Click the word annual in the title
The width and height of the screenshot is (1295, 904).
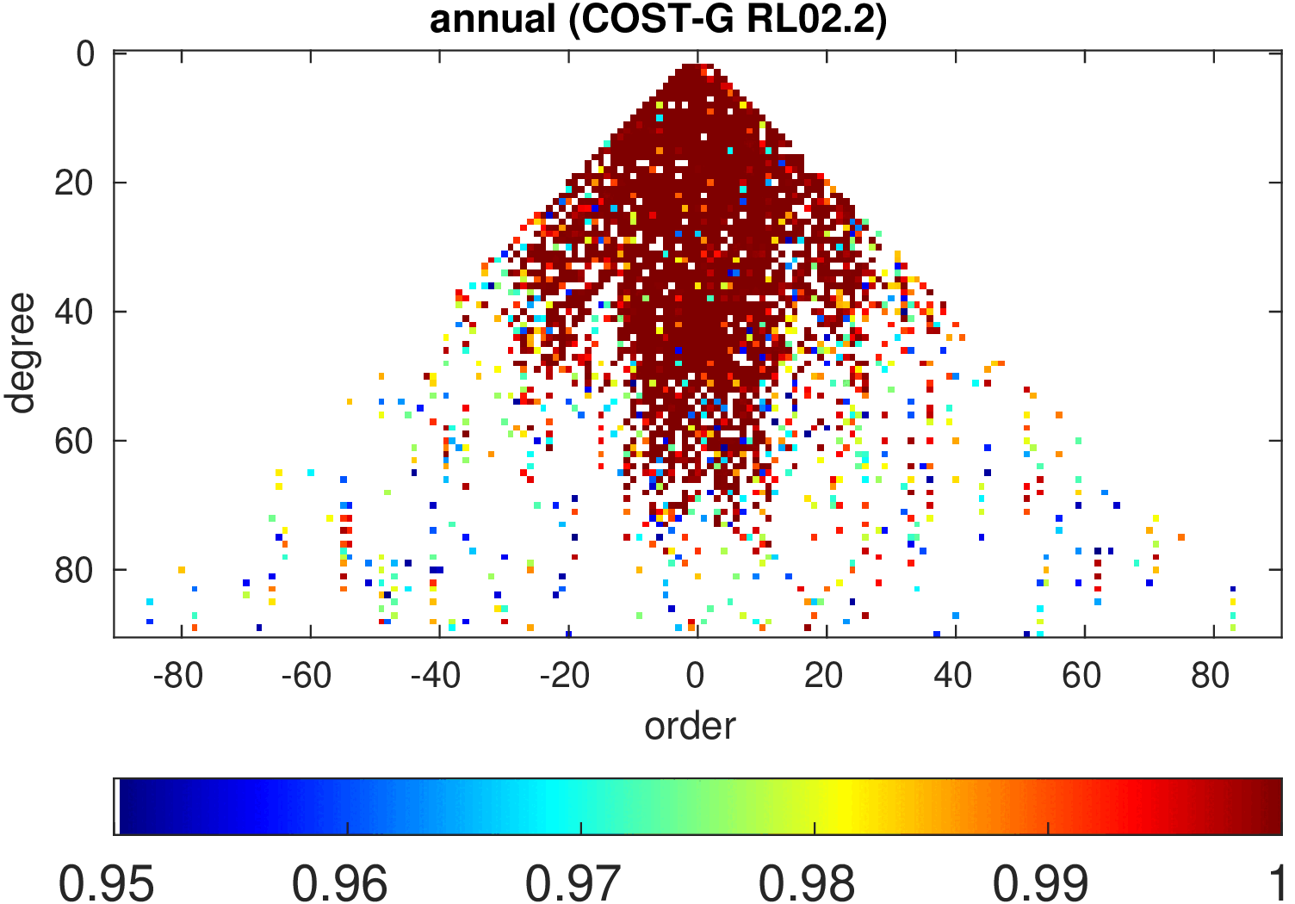coord(493,19)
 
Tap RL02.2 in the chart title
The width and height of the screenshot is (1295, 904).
coord(816,19)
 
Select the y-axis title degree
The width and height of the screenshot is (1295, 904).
coord(20,353)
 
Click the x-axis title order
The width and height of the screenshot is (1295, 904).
coord(690,726)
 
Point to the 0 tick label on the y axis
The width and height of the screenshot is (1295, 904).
coord(85,54)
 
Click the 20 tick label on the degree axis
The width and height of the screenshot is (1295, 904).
coord(74,183)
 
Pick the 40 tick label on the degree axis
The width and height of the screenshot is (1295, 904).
coord(74,313)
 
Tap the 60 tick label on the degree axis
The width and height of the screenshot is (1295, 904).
coord(74,442)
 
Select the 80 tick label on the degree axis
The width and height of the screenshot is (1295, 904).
coord(74,571)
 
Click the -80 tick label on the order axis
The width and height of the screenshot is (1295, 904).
coord(177,677)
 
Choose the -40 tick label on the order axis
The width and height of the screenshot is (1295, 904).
coord(436,677)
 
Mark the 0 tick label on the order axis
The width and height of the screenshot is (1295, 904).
coord(696,677)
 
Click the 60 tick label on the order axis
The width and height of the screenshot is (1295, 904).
coord(1081,677)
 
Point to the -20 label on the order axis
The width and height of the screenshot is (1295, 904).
coord(565,677)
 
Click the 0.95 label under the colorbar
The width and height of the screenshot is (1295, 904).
coord(107,883)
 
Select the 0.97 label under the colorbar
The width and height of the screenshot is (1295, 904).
coord(573,883)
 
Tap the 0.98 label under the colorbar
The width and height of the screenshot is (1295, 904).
coord(807,883)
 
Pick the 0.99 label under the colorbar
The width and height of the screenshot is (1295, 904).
coord(1040,883)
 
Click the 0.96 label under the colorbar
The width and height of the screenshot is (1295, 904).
coord(340,883)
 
